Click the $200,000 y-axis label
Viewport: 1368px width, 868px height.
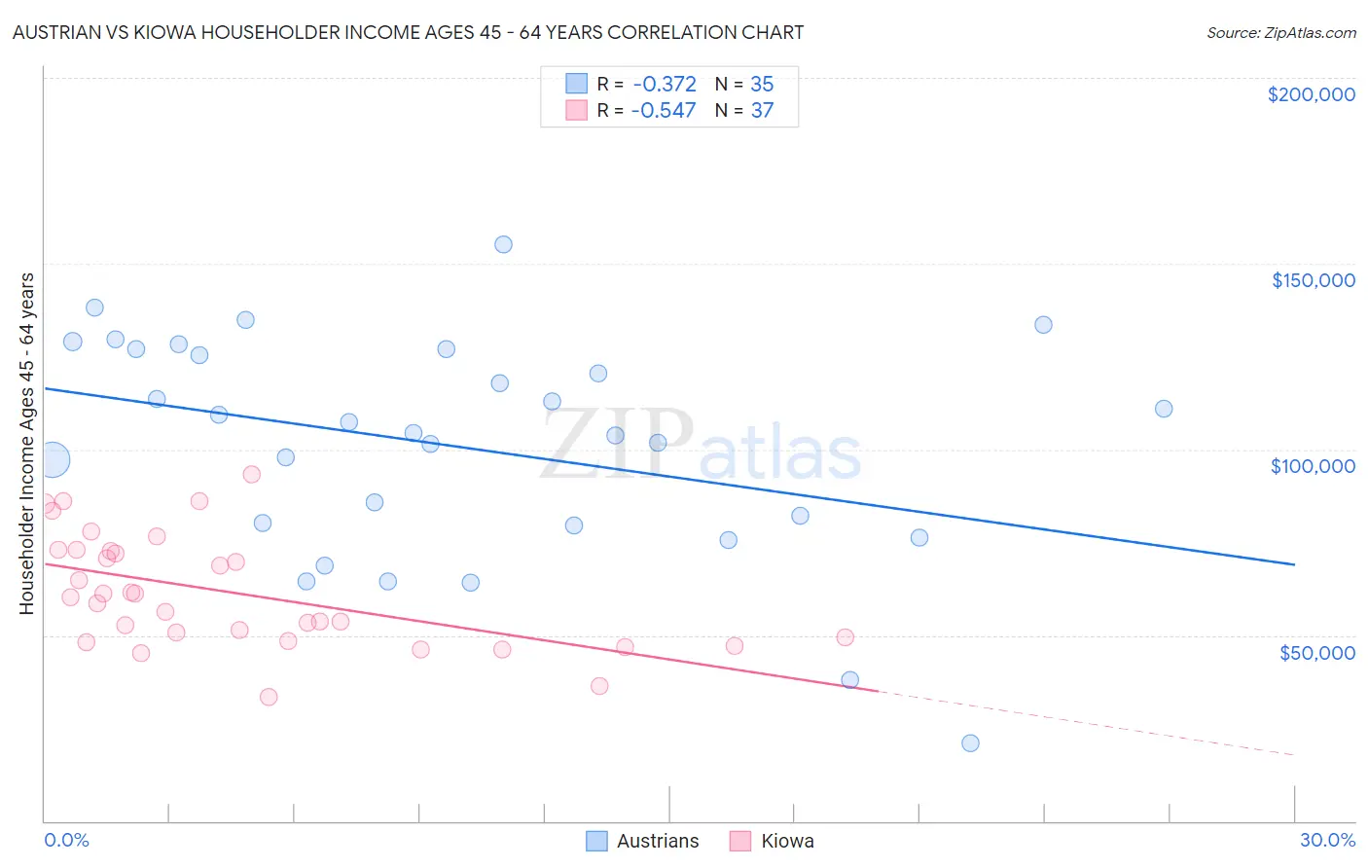click(x=1311, y=94)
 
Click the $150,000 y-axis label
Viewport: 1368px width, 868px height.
click(x=1313, y=280)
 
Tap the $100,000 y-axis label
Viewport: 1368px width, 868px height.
click(x=1313, y=466)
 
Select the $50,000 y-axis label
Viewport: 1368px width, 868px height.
click(x=1316, y=653)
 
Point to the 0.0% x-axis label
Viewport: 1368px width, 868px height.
click(x=66, y=840)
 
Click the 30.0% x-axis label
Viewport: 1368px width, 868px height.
click(x=1327, y=840)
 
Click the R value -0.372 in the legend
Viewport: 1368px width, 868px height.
click(x=664, y=85)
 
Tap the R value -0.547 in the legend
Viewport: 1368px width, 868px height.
click(x=664, y=111)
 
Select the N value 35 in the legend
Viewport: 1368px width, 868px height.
click(x=762, y=85)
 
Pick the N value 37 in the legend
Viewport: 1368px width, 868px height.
click(x=762, y=111)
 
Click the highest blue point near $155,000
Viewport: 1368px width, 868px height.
click(x=503, y=244)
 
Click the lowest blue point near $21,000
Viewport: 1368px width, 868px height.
click(x=970, y=743)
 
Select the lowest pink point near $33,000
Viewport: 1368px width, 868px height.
click(x=269, y=697)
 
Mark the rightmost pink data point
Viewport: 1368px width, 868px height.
click(x=845, y=637)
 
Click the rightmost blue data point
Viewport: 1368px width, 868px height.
click(x=1163, y=409)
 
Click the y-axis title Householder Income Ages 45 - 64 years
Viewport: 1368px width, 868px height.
click(x=26, y=444)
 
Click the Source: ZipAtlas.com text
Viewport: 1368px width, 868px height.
click(x=1280, y=33)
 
